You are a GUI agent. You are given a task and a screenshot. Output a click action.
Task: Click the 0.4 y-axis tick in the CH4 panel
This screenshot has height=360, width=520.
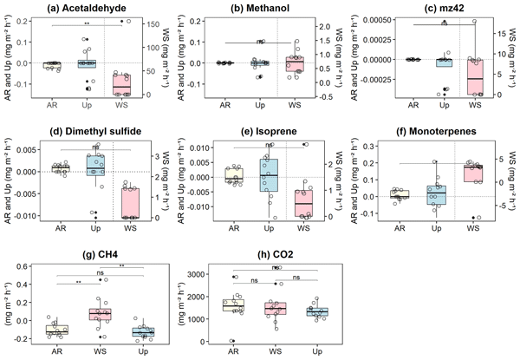pyautogui.click(x=35, y=279)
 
